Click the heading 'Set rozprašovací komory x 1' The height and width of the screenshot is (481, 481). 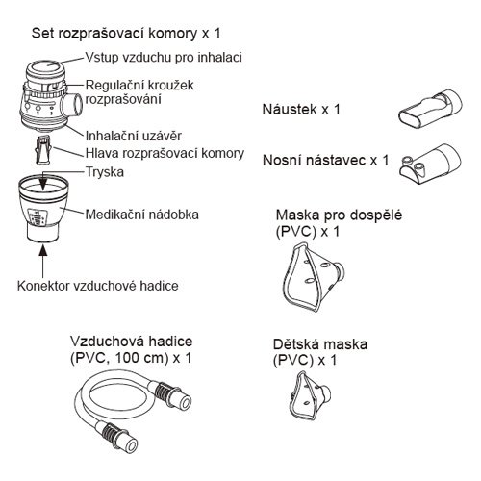(x=126, y=34)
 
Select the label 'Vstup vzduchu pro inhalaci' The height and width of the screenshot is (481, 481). (x=164, y=58)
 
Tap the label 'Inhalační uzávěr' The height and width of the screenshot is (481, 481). (x=134, y=137)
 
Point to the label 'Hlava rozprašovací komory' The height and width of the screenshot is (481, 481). (x=165, y=153)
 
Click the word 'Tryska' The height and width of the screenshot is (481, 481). (x=105, y=172)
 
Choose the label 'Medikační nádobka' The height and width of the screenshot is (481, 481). (x=142, y=215)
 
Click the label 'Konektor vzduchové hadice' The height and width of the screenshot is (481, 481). (x=98, y=286)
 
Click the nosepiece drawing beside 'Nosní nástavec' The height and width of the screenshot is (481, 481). (x=430, y=164)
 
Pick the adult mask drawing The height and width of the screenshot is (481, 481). (x=313, y=277)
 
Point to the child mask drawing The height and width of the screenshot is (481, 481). (x=309, y=395)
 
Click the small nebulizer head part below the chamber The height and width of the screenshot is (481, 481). (x=43, y=150)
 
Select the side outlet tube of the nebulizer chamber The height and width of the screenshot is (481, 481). (x=72, y=104)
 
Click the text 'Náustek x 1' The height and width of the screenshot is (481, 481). (x=301, y=110)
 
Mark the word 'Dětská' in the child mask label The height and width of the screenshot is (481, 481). (x=295, y=344)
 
